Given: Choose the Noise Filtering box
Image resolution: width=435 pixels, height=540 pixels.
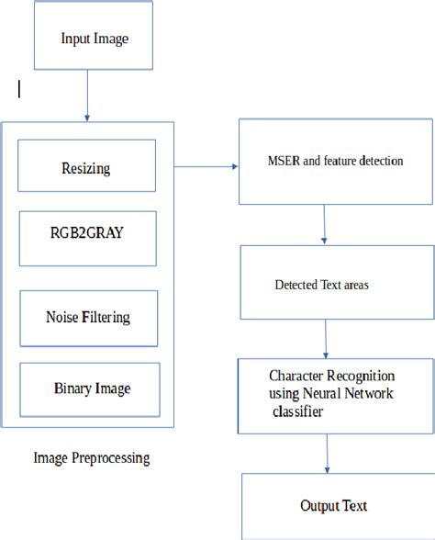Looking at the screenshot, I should point(87,317).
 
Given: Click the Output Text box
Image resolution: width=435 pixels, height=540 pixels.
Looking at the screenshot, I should point(336,506).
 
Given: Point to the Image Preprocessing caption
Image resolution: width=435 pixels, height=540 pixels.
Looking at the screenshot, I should point(91,457).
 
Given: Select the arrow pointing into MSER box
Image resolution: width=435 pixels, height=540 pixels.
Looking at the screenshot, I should point(206,167).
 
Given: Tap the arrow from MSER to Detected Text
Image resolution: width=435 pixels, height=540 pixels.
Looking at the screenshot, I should point(325,224).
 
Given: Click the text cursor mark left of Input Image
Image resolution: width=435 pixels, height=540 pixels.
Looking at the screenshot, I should point(19,88).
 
